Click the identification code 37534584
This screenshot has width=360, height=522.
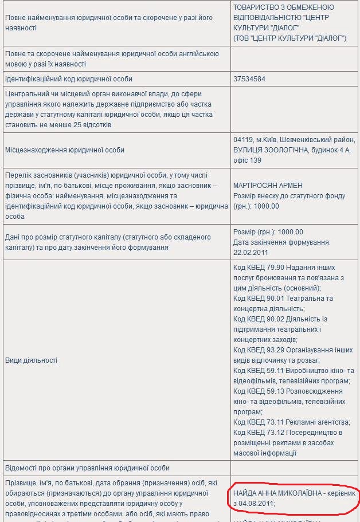(x=249, y=79)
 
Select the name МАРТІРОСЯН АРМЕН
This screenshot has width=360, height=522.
(x=268, y=186)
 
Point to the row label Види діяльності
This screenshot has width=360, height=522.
(x=31, y=360)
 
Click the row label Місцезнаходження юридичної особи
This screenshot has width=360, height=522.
(x=65, y=150)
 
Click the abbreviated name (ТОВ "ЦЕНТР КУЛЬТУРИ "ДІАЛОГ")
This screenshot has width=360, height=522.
(x=289, y=38)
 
